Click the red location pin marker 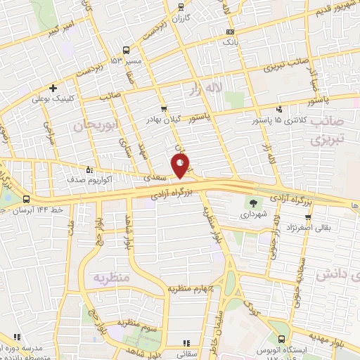181,167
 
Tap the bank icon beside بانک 231,33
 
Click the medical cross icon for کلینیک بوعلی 53,88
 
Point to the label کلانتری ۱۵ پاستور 279,120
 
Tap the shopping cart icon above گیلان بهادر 164,109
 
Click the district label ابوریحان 92,125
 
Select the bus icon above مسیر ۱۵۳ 126,50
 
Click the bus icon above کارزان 181,8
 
